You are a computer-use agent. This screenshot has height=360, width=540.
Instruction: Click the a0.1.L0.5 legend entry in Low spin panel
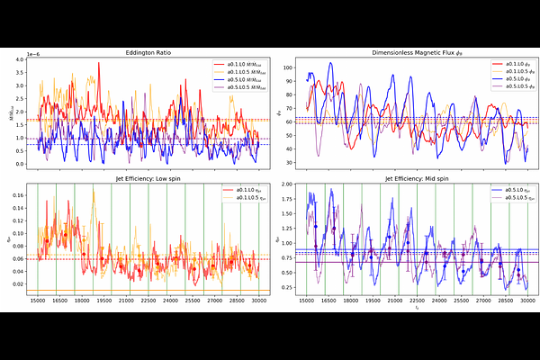click(x=242, y=197)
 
